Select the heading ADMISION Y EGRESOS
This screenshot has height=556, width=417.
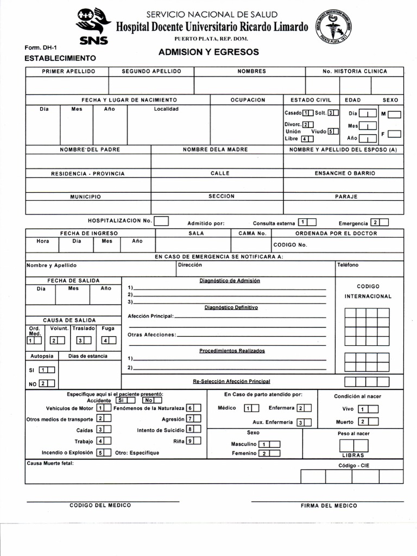208,52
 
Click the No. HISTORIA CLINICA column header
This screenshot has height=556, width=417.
355,71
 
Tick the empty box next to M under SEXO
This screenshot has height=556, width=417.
395,115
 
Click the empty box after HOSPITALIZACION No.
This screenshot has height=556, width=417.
161,221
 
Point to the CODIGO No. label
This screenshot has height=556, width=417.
290,245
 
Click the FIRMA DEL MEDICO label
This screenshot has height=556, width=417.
328,506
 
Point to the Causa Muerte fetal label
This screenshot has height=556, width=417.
50,463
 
